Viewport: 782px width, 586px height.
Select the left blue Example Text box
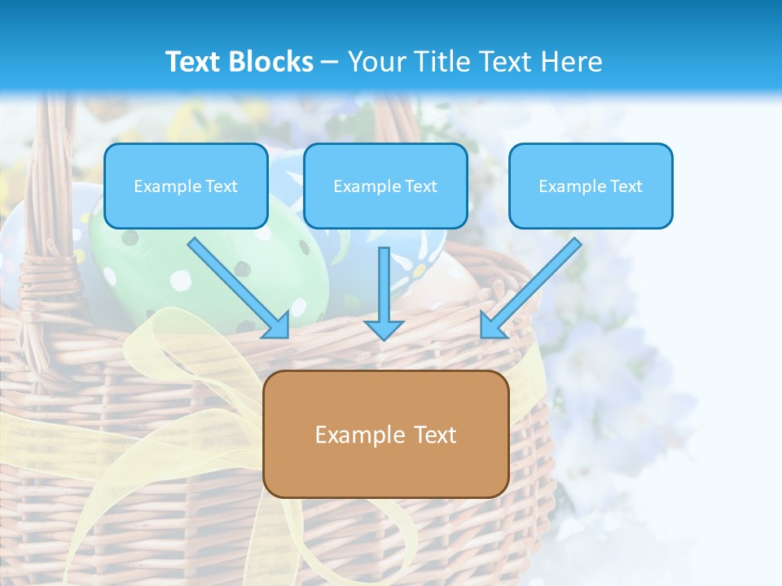186,186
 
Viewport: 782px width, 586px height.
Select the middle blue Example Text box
385,186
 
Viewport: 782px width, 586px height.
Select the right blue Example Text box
591,186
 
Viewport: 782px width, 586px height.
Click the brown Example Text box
385,434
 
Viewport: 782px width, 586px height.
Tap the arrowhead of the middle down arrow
384,329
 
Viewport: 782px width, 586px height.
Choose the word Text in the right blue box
626,186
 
